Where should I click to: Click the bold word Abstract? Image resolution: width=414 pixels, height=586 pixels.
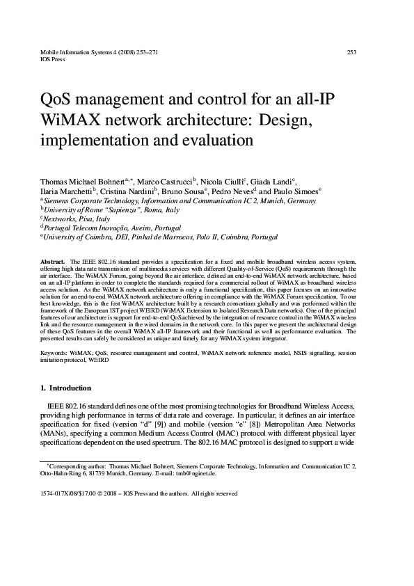pyautogui.click(x=54, y=260)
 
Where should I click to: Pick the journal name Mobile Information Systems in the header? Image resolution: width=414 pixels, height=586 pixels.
pyautogui.click(x=74, y=52)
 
